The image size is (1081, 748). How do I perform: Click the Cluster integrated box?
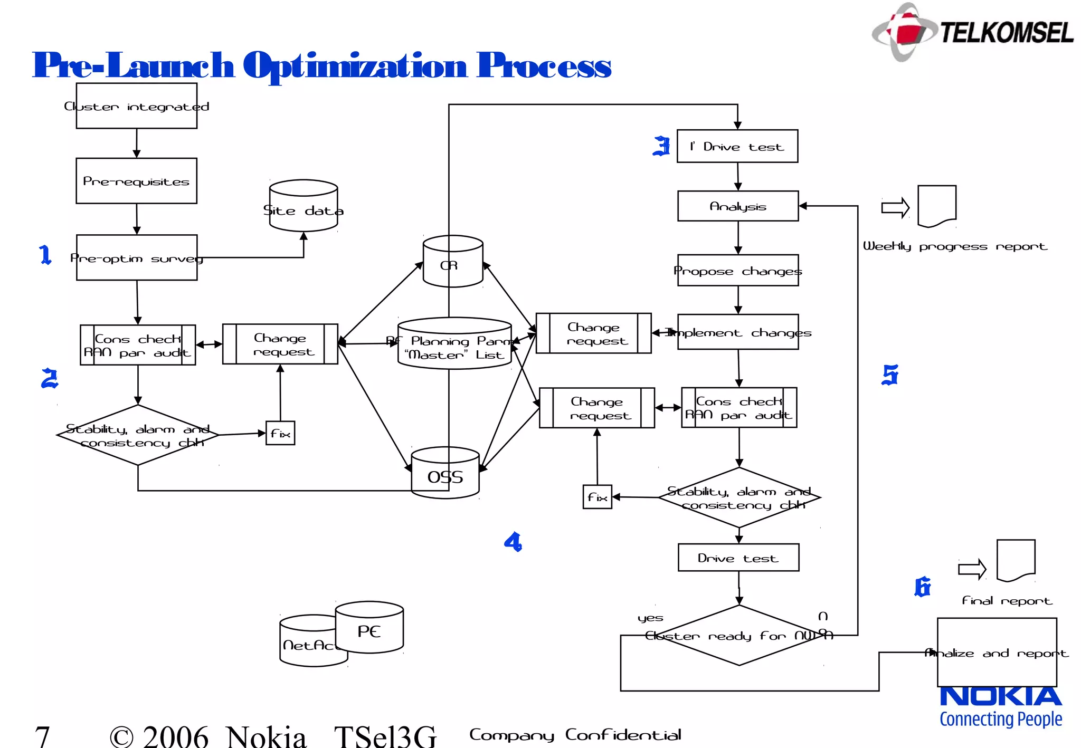coord(136,106)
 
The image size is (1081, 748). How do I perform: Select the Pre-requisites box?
coord(136,181)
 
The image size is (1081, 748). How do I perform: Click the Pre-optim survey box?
coord(136,258)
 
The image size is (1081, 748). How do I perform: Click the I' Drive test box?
coord(737,147)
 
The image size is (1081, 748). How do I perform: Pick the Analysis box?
coord(737,206)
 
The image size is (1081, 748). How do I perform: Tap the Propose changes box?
coord(737,271)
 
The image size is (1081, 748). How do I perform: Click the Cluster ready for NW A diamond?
coord(739,636)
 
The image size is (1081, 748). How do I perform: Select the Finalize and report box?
coord(997,653)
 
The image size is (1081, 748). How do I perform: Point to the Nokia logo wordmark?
coord(1001,696)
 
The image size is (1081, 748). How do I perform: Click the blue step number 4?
coord(513,542)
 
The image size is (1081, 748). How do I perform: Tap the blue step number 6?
coord(922,587)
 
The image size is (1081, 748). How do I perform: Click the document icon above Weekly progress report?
coord(937,206)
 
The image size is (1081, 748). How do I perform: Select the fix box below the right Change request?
coord(597,497)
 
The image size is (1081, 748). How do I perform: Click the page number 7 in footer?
coord(42,735)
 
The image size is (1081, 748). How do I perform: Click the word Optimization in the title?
coord(355,66)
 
